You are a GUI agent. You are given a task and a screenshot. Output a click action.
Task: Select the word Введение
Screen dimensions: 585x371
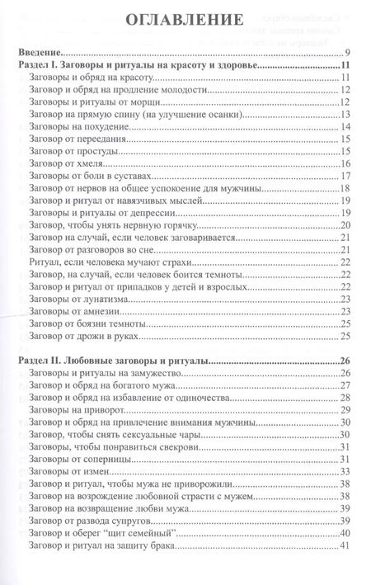tap(42, 50)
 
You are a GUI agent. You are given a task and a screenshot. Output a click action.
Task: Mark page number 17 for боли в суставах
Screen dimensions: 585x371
tap(346, 177)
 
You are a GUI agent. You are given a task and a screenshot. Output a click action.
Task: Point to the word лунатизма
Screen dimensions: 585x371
tap(113, 300)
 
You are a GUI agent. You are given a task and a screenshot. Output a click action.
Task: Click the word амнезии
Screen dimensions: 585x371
tap(108, 312)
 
